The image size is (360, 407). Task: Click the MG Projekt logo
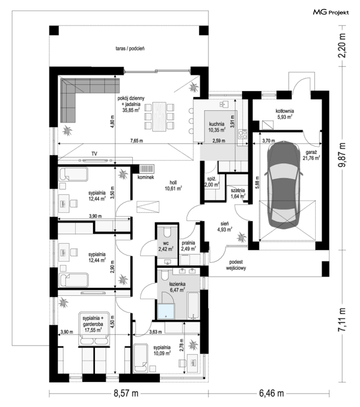point(331,12)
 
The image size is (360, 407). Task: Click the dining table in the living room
point(159,116)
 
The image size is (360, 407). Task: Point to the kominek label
point(146,177)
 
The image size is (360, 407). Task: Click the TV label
point(94,154)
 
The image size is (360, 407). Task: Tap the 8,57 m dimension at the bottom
point(126,393)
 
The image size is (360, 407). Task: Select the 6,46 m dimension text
point(271,393)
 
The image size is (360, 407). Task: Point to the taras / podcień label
point(130,48)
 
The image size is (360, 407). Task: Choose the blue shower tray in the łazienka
point(166,311)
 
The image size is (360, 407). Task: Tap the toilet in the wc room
point(167,231)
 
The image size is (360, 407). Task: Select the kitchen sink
point(224,104)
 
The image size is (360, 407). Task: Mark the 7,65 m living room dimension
point(136,141)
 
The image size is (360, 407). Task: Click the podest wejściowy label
point(236,265)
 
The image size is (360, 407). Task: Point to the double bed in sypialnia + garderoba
point(94,329)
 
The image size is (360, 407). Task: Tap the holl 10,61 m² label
point(173,185)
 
